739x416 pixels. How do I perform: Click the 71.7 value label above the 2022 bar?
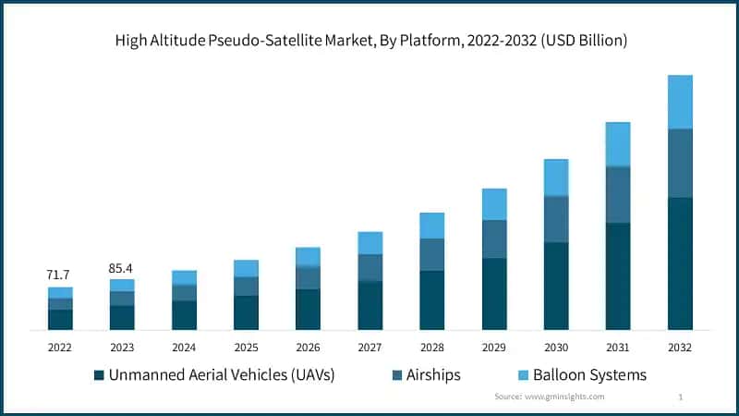pyautogui.click(x=60, y=275)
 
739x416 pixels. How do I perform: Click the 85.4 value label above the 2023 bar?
pyautogui.click(x=122, y=268)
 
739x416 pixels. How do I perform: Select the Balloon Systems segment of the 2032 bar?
pyautogui.click(x=680, y=102)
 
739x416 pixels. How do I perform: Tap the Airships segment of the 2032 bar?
pyautogui.click(x=680, y=163)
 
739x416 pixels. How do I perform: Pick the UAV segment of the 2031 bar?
pyautogui.click(x=618, y=275)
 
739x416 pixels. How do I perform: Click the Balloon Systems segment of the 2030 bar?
pyautogui.click(x=556, y=177)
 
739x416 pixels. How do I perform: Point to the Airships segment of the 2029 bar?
pyautogui.click(x=494, y=239)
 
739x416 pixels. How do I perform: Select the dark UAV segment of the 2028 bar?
pyautogui.click(x=432, y=300)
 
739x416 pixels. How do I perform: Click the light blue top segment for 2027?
pyautogui.click(x=370, y=242)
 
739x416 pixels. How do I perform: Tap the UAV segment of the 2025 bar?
pyautogui.click(x=246, y=312)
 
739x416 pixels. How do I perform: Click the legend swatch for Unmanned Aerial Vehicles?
pyautogui.click(x=98, y=375)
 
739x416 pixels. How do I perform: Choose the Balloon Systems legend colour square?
pyautogui.click(x=521, y=375)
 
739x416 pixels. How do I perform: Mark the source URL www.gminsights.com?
pyautogui.click(x=564, y=397)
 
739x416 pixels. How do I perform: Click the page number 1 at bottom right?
pyautogui.click(x=680, y=397)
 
